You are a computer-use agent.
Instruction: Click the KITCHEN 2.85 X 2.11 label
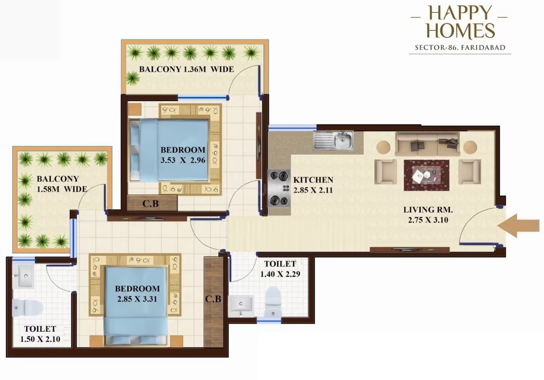313,185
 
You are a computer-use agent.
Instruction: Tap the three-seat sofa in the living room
426,143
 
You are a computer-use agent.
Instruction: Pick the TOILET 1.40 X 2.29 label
280,268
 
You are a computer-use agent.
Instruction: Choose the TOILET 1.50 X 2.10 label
40,334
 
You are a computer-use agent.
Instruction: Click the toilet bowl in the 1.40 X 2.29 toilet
272,301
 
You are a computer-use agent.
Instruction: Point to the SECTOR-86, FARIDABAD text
460,47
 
